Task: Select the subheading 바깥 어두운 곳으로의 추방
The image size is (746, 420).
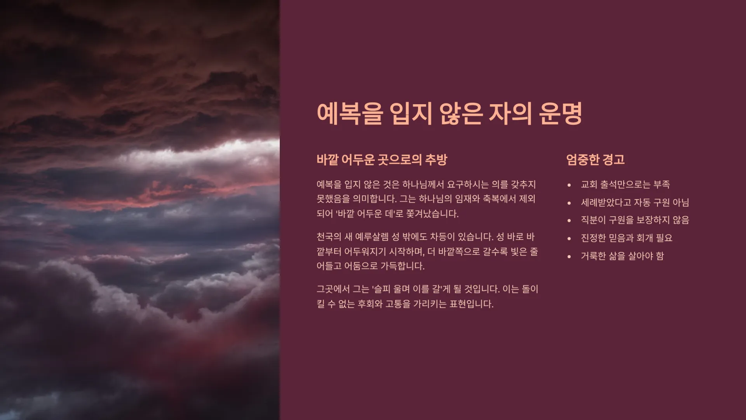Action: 382,160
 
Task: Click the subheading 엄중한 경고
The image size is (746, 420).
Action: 595,160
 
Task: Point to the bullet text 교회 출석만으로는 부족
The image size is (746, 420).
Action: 626,184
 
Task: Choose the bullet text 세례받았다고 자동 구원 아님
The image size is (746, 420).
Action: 635,202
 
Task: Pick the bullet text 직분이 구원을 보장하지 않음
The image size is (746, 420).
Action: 635,220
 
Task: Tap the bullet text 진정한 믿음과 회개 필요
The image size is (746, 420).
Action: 626,238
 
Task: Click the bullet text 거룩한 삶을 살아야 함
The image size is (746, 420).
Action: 622,256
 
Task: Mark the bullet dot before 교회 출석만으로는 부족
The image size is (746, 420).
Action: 569,185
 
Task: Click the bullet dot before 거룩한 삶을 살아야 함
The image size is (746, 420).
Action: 569,257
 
